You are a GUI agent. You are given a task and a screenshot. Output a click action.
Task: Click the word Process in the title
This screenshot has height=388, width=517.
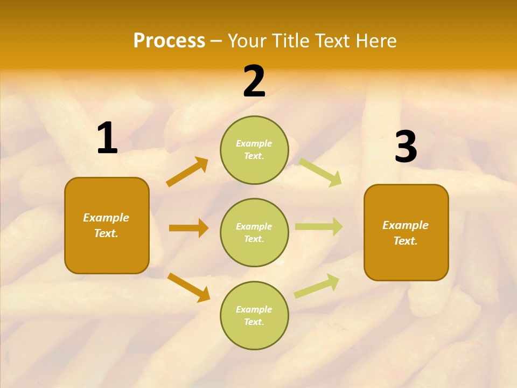pyautogui.click(x=169, y=41)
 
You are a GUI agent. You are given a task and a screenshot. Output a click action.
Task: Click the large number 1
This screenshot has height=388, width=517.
pyautogui.click(x=107, y=138)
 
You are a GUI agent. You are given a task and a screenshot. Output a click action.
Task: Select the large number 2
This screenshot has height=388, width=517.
pyautogui.click(x=254, y=81)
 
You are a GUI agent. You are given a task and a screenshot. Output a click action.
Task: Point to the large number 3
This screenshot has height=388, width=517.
pyautogui.click(x=406, y=147)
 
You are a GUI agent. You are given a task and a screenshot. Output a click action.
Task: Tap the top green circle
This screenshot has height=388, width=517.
pyautogui.click(x=254, y=150)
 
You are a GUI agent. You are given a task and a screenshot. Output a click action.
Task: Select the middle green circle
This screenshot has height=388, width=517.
pyautogui.click(x=254, y=232)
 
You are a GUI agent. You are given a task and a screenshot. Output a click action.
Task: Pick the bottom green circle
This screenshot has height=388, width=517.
pyautogui.click(x=254, y=315)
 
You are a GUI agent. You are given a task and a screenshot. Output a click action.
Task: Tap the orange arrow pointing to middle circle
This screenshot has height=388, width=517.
pyautogui.click(x=188, y=228)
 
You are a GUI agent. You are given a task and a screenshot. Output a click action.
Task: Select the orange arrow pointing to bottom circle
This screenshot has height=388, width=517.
pyautogui.click(x=188, y=287)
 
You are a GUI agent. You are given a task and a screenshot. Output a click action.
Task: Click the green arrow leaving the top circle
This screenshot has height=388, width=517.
pyautogui.click(x=320, y=172)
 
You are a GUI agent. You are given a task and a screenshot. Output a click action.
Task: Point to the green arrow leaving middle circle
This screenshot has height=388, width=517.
pyautogui.click(x=319, y=227)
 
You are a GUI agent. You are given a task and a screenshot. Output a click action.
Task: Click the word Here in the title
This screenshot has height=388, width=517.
pyautogui.click(x=376, y=41)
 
